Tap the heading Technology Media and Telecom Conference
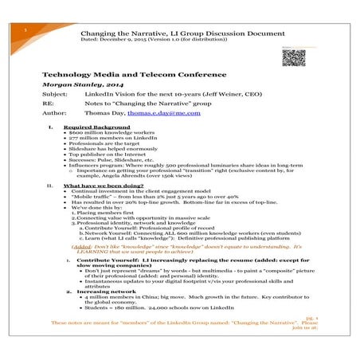(139, 72)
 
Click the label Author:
(53, 113)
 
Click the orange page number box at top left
(27, 27)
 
